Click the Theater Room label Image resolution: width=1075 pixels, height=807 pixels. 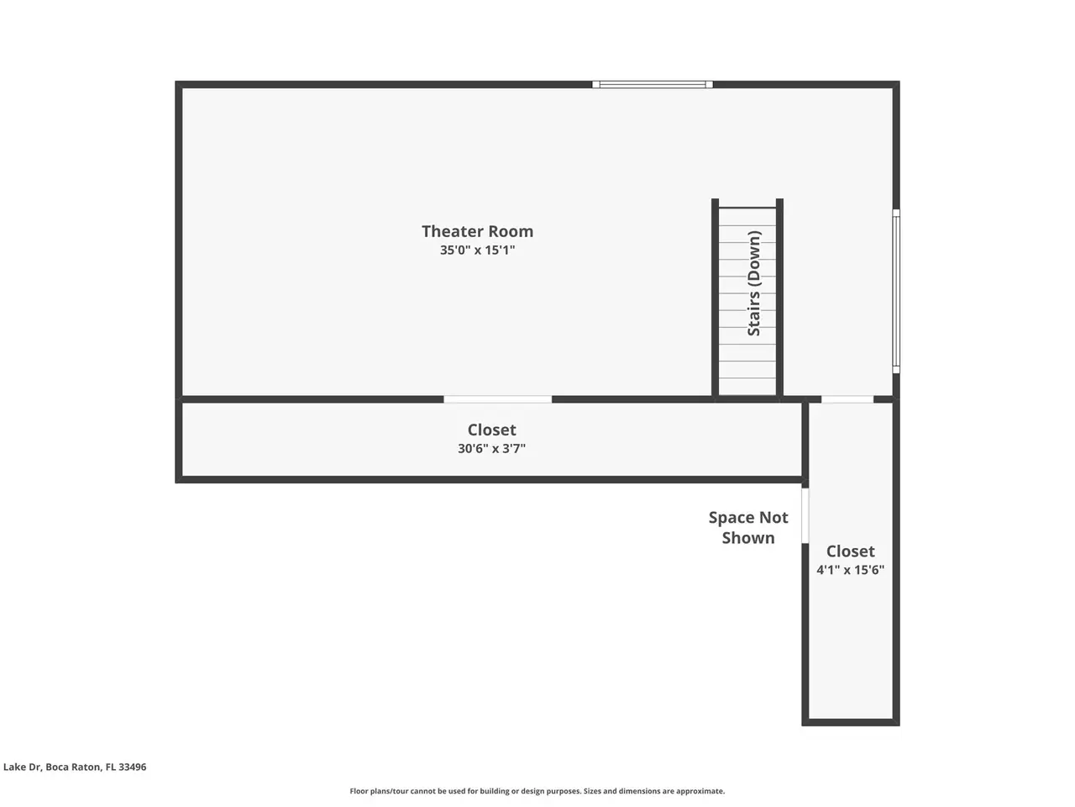[477, 231]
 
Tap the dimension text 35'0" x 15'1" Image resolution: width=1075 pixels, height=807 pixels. [477, 250]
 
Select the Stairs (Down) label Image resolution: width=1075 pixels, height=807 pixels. [753, 283]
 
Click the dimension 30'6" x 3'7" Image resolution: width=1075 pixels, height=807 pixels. [491, 448]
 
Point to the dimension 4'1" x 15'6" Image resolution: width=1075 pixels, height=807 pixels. [850, 569]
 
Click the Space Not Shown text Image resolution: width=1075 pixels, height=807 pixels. [747, 528]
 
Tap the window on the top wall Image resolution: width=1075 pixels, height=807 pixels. [652, 84]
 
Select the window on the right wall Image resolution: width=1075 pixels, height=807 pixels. [896, 291]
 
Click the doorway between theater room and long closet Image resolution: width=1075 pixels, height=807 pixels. [497, 399]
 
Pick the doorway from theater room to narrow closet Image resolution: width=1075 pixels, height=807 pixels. [847, 399]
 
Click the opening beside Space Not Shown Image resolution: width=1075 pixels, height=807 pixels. [805, 515]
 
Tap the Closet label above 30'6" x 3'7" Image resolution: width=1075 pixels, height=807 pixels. [491, 430]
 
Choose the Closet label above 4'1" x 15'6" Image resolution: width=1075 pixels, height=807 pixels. [850, 551]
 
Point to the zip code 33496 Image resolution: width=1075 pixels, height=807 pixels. [132, 767]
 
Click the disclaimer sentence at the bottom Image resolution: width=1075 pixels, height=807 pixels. [537, 791]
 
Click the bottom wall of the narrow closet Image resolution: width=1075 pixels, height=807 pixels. [851, 722]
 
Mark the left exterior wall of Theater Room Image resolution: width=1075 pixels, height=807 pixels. [179, 240]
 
